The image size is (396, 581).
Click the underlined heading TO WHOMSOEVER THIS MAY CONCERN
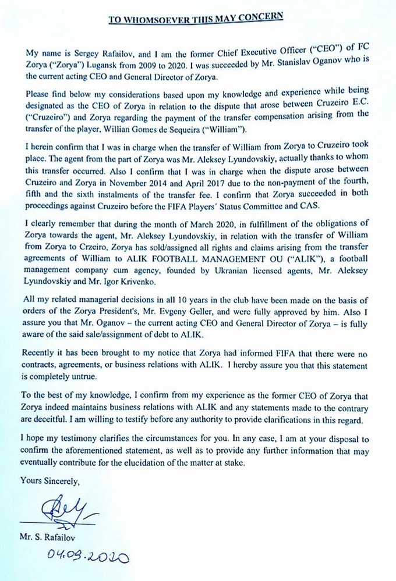[196, 18]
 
